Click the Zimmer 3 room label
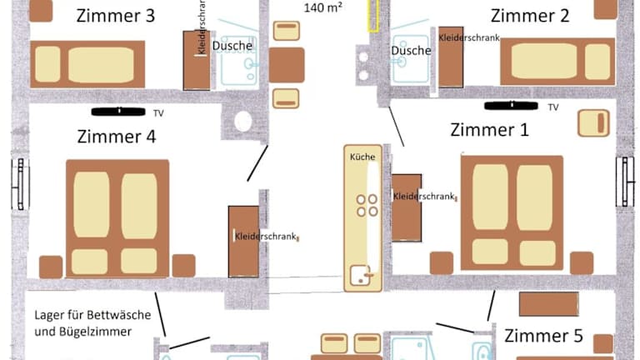116,16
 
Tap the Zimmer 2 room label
530,16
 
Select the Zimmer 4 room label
117,137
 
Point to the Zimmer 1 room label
489,130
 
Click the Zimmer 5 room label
543,336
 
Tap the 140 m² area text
322,7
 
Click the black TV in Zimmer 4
118,112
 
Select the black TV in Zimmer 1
511,106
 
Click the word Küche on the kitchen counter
362,157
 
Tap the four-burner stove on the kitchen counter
367,205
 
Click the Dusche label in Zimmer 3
232,46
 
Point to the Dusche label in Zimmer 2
411,51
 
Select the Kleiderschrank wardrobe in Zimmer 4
243,242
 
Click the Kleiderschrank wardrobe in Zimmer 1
407,207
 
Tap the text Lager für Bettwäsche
92,315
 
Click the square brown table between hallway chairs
287,65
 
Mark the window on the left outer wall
20,184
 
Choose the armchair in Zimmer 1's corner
594,122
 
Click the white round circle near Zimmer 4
243,121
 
